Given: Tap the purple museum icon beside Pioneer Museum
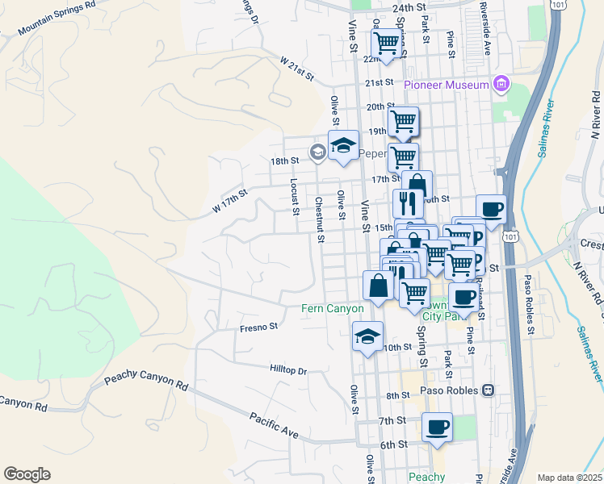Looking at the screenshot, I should (501, 84).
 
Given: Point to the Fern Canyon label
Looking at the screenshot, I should (333, 308).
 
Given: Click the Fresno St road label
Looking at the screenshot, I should (258, 328).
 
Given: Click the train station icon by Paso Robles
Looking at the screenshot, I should (488, 390).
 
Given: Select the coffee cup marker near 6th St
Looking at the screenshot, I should (437, 427).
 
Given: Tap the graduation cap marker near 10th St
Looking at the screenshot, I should (367, 336).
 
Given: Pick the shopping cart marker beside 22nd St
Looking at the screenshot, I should (388, 44).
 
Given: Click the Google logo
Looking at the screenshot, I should (27, 474).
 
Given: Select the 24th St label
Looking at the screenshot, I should (409, 7).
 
